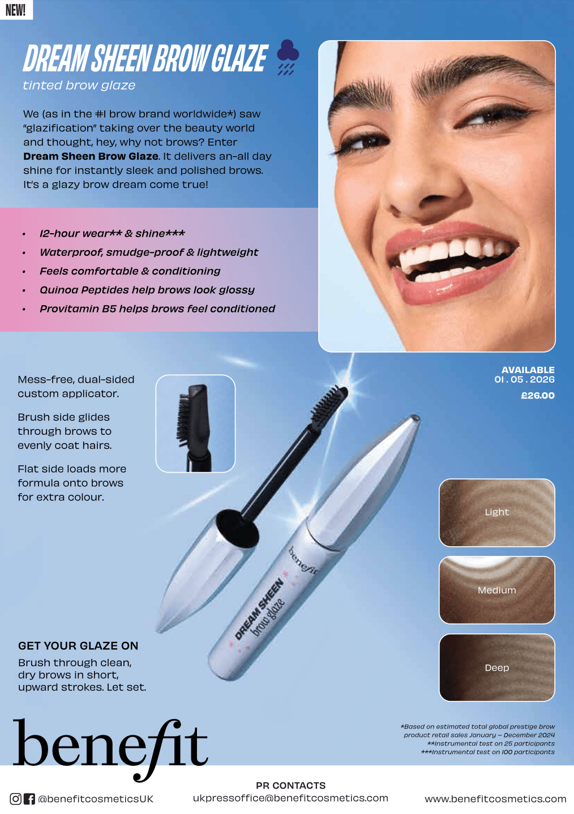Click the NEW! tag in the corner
click(x=16, y=10)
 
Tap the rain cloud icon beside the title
click(x=288, y=57)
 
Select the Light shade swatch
click(x=496, y=512)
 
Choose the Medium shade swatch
click(x=496, y=590)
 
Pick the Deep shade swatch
click(x=496, y=667)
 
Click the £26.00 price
click(x=537, y=395)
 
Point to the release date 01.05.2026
click(x=524, y=379)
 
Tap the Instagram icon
click(x=16, y=799)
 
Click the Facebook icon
click(x=29, y=799)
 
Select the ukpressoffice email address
click(x=290, y=798)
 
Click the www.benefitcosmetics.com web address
click(x=495, y=799)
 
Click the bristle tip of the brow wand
click(x=330, y=403)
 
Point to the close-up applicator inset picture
click(x=195, y=423)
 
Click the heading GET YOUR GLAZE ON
click(x=78, y=646)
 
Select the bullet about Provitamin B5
click(x=157, y=309)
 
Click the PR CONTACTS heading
click(x=290, y=786)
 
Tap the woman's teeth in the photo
click(x=453, y=255)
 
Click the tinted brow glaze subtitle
click(x=79, y=85)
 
